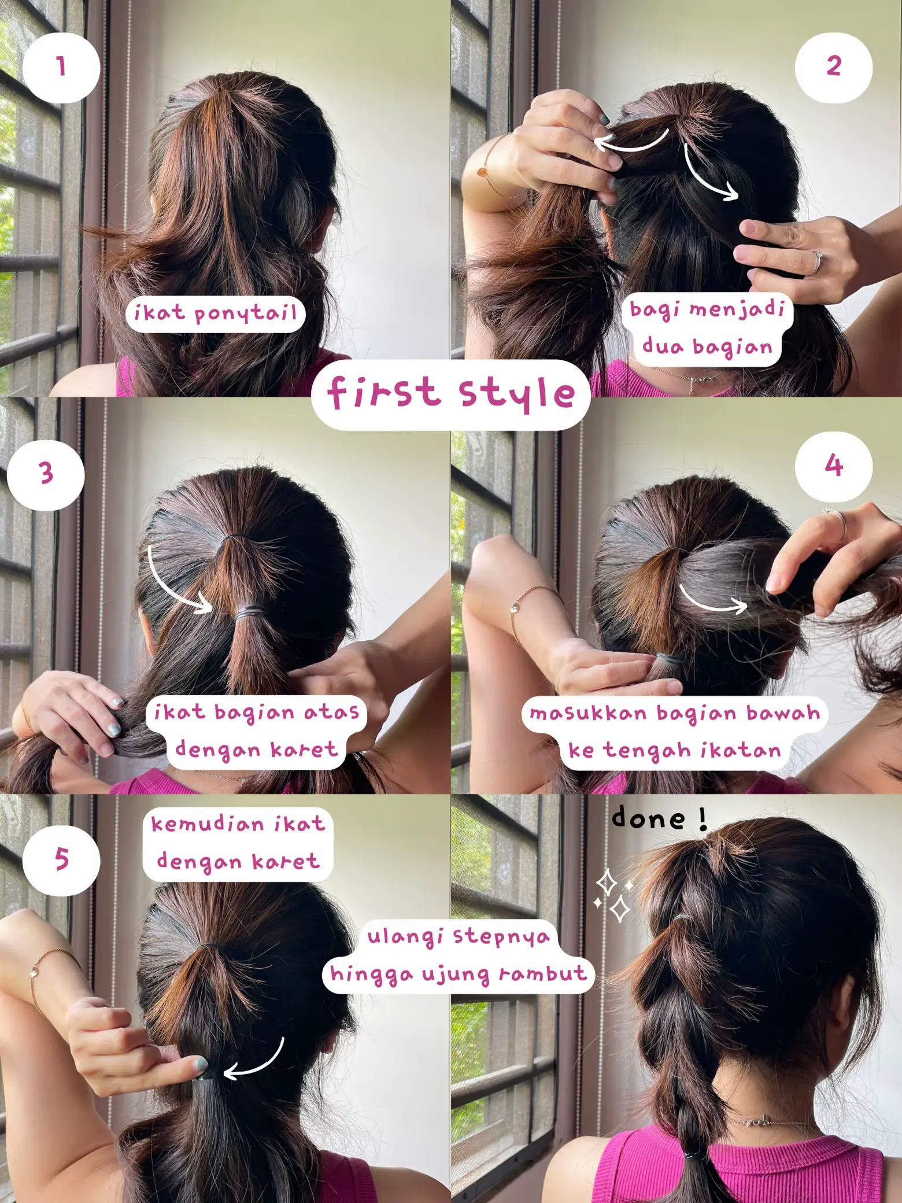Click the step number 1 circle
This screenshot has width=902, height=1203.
click(x=61, y=67)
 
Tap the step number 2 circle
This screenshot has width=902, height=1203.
click(x=833, y=66)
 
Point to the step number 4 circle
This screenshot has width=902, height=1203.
click(x=833, y=466)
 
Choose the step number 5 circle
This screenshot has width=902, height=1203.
click(x=61, y=858)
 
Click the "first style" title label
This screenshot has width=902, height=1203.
click(x=451, y=394)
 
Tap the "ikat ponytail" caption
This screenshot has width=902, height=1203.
click(x=215, y=314)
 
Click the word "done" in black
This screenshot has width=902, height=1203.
click(x=649, y=818)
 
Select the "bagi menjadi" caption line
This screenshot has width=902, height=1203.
click(x=707, y=309)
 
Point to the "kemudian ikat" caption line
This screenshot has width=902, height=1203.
click(x=238, y=824)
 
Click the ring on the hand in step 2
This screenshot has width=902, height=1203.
click(x=816, y=261)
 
